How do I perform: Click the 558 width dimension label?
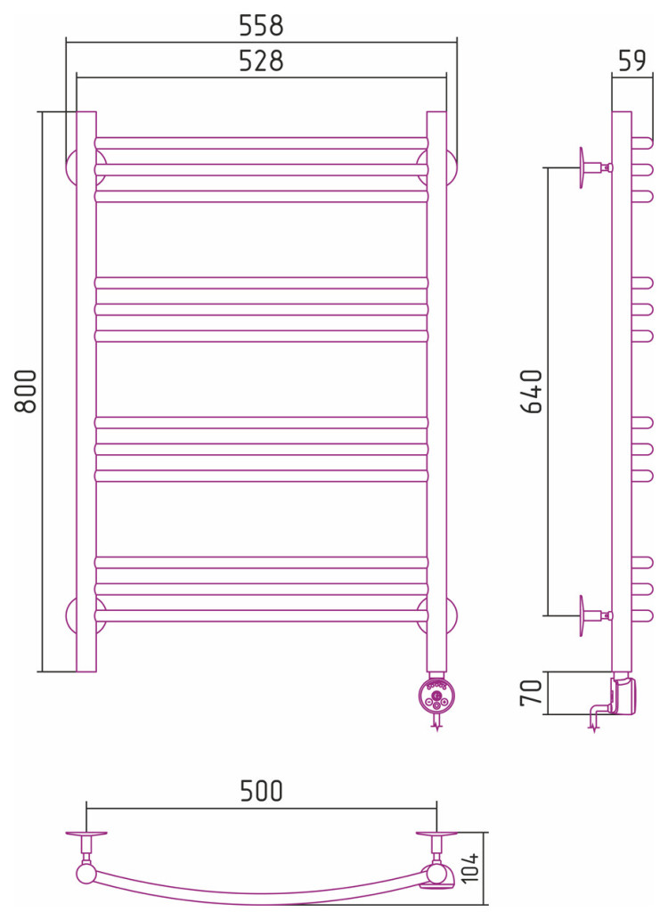pyautogui.click(x=261, y=25)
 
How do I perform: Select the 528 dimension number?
pyautogui.click(x=261, y=61)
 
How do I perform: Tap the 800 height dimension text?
pyautogui.click(x=26, y=391)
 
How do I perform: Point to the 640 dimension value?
pyautogui.click(x=532, y=391)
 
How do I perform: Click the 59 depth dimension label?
pyautogui.click(x=631, y=61)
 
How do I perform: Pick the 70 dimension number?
pyautogui.click(x=531, y=693)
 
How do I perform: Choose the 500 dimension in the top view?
pyautogui.click(x=261, y=791)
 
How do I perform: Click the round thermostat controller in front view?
pyautogui.click(x=436, y=696)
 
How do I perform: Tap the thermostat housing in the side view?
pyautogui.click(x=623, y=695)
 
